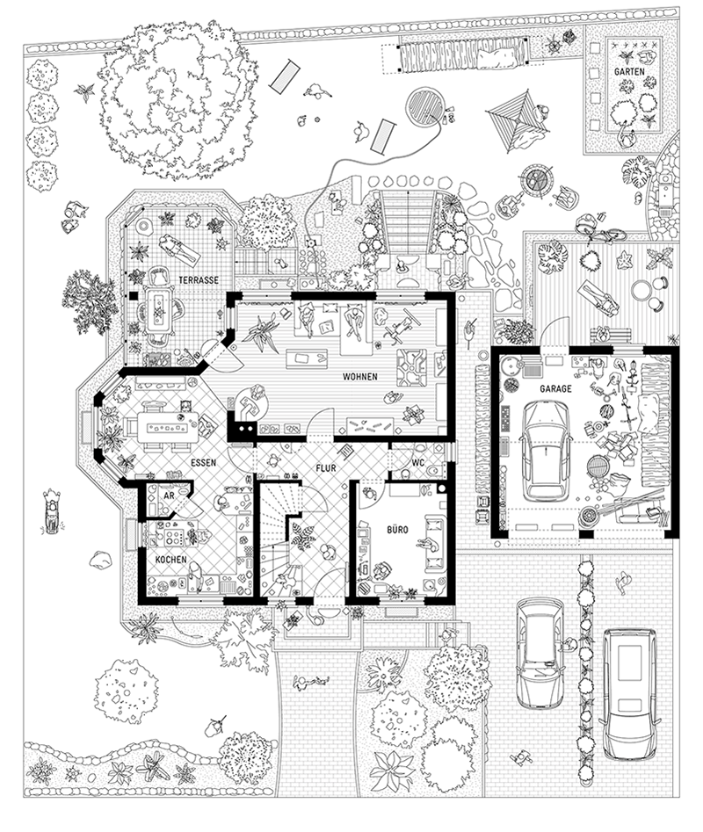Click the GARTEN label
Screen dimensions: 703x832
(629, 71)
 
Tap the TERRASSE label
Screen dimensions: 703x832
(199, 279)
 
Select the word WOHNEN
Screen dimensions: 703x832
(359, 377)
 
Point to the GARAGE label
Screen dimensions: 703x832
(555, 388)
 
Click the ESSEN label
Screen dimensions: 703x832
(203, 463)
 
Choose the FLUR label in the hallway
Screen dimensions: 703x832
(326, 468)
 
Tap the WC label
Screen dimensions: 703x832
(418, 463)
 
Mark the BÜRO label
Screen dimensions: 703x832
(397, 530)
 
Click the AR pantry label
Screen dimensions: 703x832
(169, 496)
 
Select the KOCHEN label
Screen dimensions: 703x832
(170, 560)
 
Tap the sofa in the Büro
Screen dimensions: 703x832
(435, 543)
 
